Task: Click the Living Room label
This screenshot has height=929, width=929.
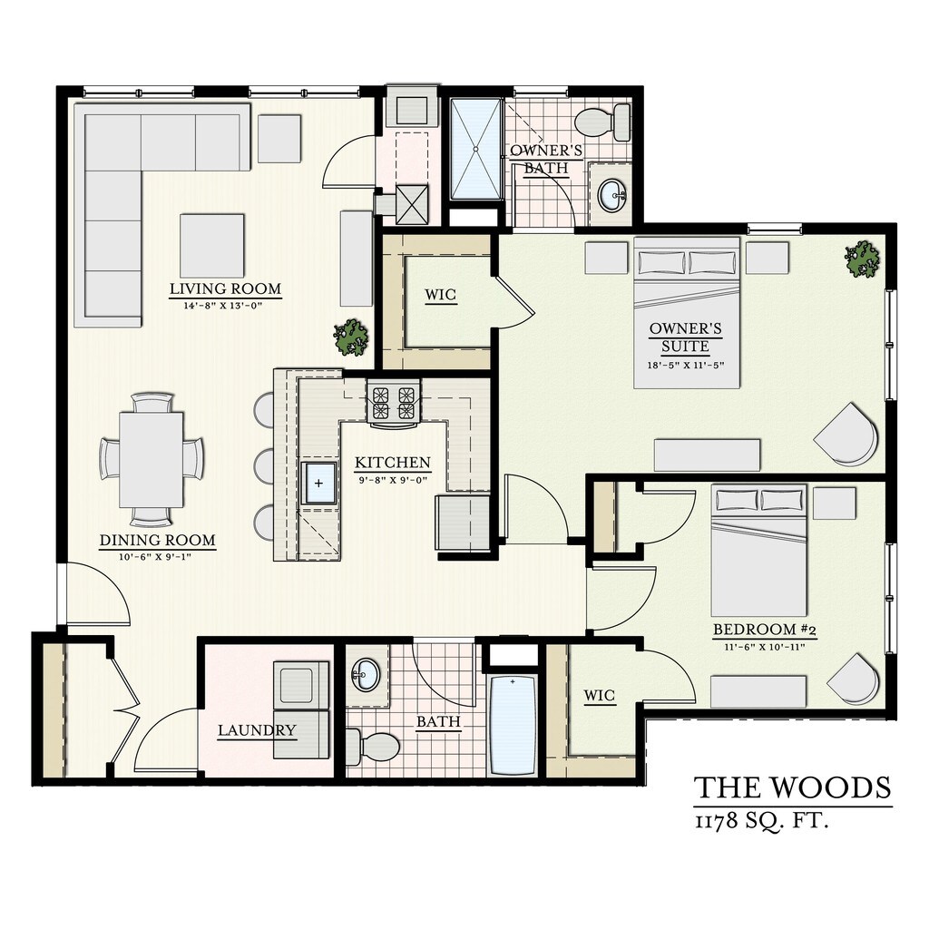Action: point(225,289)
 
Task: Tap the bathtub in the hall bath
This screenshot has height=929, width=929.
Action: point(513,722)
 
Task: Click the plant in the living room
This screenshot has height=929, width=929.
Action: point(351,337)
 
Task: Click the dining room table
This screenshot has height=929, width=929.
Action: point(152,459)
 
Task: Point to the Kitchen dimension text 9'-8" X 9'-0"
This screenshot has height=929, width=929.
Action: point(392,478)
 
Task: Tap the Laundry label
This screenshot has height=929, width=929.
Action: point(257,730)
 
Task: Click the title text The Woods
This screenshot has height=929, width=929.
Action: point(792,787)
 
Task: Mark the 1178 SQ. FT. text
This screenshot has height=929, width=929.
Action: point(763,822)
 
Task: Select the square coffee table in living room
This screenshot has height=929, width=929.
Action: point(212,245)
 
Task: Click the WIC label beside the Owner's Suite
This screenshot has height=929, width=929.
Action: point(440,296)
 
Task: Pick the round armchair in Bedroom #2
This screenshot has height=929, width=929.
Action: point(854,679)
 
